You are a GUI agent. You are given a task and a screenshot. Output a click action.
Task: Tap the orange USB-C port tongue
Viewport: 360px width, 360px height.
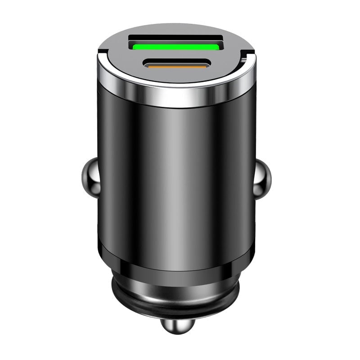[x=175, y=66]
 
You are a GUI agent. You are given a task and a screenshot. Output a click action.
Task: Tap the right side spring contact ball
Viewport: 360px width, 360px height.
[x=263, y=180]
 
